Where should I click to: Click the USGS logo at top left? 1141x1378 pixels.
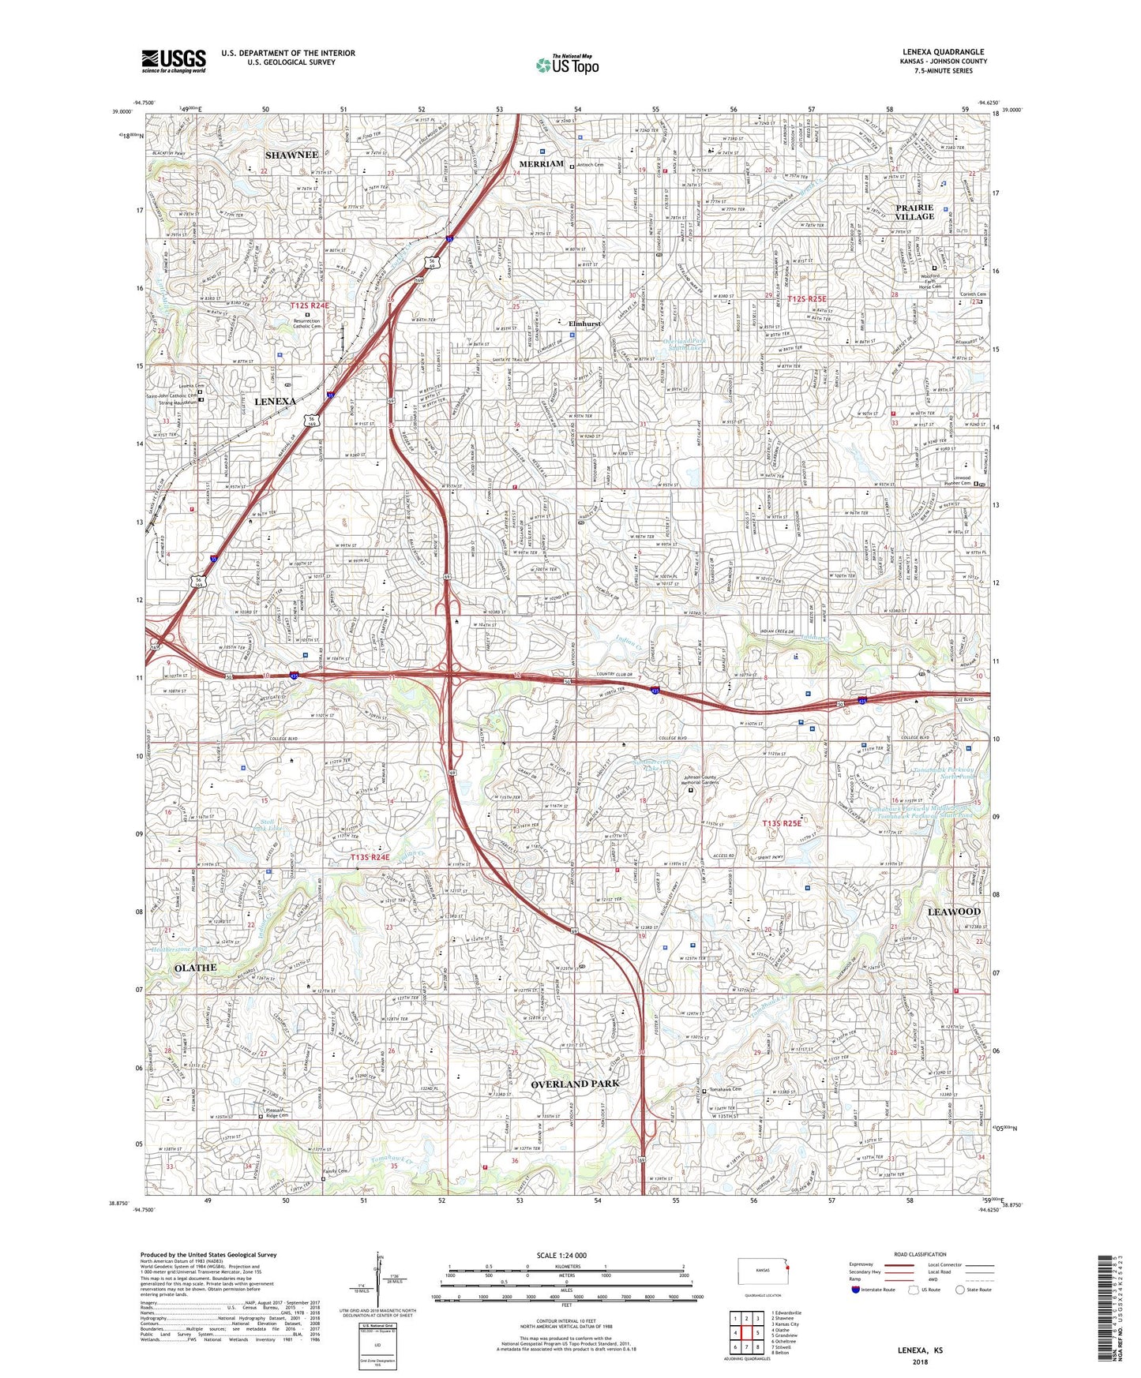174,60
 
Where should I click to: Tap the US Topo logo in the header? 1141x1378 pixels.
566,65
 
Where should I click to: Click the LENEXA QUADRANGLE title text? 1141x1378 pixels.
943,52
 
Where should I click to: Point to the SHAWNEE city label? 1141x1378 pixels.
291,155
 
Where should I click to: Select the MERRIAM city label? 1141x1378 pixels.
541,164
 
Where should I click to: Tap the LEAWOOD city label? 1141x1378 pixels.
953,912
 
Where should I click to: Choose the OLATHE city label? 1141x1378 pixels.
195,968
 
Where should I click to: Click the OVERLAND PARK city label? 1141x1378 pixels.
575,1084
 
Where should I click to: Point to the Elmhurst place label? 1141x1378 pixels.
585,324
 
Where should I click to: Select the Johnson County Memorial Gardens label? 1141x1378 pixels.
690,782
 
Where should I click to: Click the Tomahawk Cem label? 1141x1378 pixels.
726,1090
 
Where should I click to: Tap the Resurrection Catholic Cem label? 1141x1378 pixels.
307,324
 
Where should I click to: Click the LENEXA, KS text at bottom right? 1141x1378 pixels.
919,1350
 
